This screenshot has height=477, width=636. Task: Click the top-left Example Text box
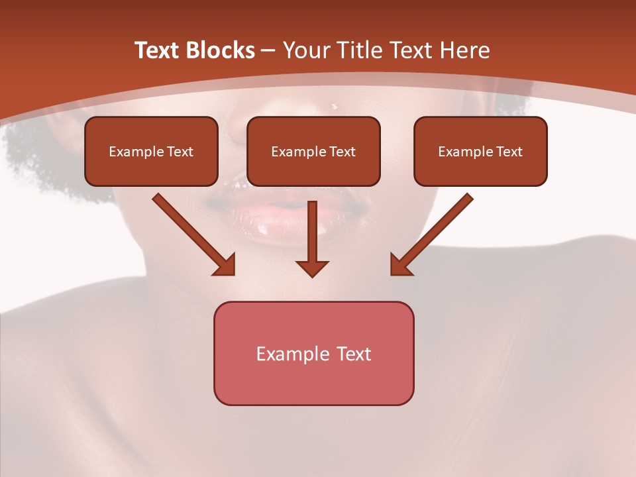(x=151, y=151)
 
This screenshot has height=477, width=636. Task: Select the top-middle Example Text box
(x=313, y=151)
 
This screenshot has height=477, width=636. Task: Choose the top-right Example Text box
(x=480, y=151)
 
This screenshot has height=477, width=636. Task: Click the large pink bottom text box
(x=313, y=353)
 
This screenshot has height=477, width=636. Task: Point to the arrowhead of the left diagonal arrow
(x=225, y=265)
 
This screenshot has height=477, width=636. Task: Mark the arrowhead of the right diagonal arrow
(x=400, y=265)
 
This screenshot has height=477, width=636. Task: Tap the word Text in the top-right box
(x=509, y=152)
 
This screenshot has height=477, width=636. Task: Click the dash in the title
(x=268, y=50)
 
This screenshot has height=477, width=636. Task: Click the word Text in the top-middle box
(x=342, y=152)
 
